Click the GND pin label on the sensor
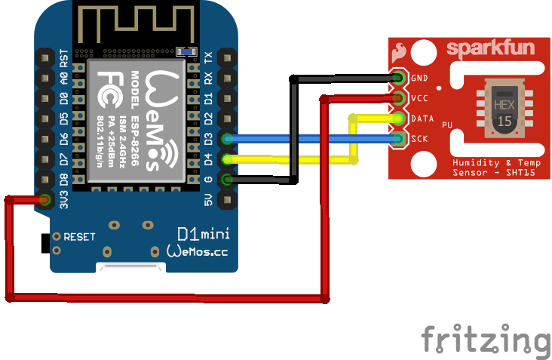pyautogui.click(x=420, y=78)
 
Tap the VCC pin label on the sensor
pyautogui.click(x=420, y=98)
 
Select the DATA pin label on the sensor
pyautogui.click(x=423, y=118)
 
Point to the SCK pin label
pyautogui.click(x=420, y=139)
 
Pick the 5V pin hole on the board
pyautogui.click(x=225, y=200)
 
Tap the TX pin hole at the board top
pyautogui.click(x=225, y=57)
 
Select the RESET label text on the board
pyautogui.click(x=79, y=236)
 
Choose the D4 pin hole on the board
pyautogui.click(x=225, y=159)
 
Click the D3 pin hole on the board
pyautogui.click(x=225, y=139)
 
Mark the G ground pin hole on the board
pyautogui.click(x=225, y=180)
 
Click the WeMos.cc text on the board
pyautogui.click(x=196, y=250)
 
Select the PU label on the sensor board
pyautogui.click(x=447, y=125)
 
